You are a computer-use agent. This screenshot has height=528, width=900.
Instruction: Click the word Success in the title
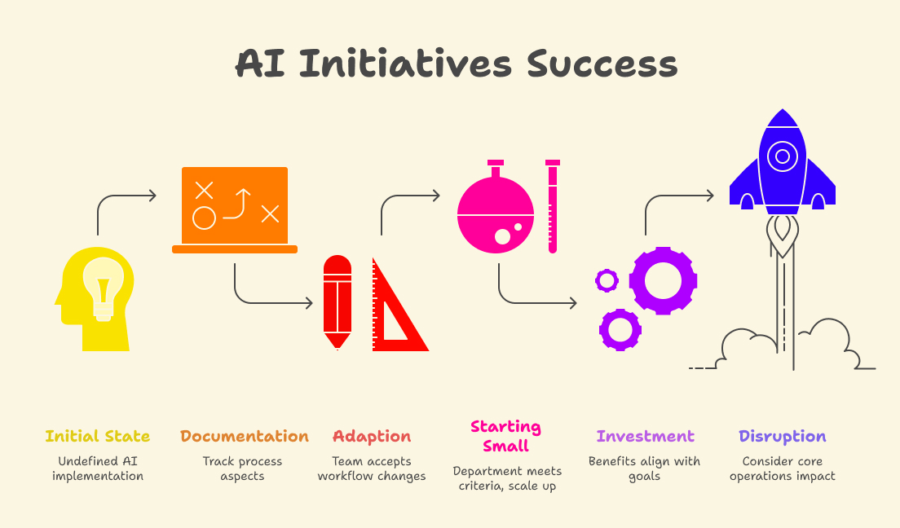[602, 64]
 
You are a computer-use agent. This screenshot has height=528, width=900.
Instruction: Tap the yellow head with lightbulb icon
[95, 298]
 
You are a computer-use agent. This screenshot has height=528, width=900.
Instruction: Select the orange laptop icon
[235, 210]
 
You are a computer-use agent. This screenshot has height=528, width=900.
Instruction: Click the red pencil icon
[337, 301]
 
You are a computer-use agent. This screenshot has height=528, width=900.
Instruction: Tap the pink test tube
[553, 207]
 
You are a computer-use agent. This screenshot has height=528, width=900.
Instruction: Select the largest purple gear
[663, 280]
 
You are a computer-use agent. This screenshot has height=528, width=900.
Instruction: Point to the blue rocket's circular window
[783, 156]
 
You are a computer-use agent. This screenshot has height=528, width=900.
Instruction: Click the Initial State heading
[98, 436]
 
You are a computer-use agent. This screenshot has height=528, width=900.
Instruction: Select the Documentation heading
[245, 436]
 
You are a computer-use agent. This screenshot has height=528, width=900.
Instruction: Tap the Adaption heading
[372, 437]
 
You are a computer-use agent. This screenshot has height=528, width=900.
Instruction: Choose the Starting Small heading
[505, 436]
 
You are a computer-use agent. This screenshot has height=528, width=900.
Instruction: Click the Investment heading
[645, 436]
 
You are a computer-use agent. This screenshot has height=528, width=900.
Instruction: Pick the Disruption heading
[783, 437]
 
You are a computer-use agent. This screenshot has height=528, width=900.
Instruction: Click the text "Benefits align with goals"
[644, 469]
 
